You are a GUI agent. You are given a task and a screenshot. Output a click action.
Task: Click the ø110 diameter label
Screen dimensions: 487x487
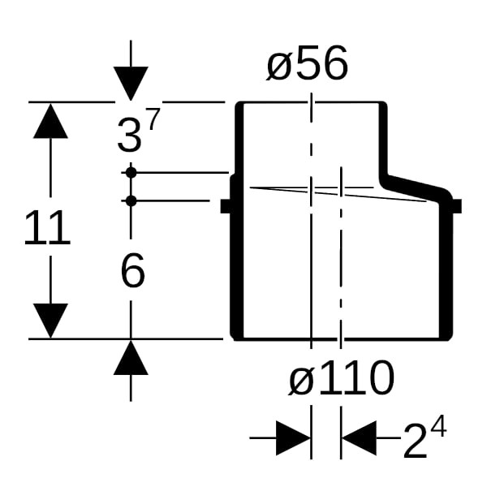coord(342,377)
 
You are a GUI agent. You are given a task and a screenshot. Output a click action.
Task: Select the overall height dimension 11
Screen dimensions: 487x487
coord(47,230)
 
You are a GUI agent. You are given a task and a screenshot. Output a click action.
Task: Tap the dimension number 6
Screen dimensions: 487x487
coord(132,271)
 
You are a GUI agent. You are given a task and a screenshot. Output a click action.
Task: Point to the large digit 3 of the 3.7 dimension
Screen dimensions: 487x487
coord(128,136)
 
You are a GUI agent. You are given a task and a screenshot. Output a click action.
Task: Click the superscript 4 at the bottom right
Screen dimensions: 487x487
coord(438,427)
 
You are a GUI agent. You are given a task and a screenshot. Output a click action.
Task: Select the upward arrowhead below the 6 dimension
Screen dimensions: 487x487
coord(131,358)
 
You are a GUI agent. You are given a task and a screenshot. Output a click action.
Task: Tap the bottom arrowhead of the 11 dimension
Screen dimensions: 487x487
coord(50,321)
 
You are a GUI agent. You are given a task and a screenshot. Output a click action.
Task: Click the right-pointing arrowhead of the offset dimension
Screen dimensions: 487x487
coord(293,439)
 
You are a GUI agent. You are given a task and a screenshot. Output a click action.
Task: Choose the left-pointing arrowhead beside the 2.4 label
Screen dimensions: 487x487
coord(359,439)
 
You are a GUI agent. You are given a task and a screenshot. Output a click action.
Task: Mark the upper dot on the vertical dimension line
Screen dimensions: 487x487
coord(131,172)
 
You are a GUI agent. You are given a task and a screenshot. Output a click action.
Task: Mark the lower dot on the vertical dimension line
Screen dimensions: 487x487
coord(131,200)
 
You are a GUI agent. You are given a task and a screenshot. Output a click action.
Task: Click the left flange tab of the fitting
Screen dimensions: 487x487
coord(226,206)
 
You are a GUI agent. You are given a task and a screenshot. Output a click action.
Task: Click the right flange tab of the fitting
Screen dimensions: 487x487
coord(455,206)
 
